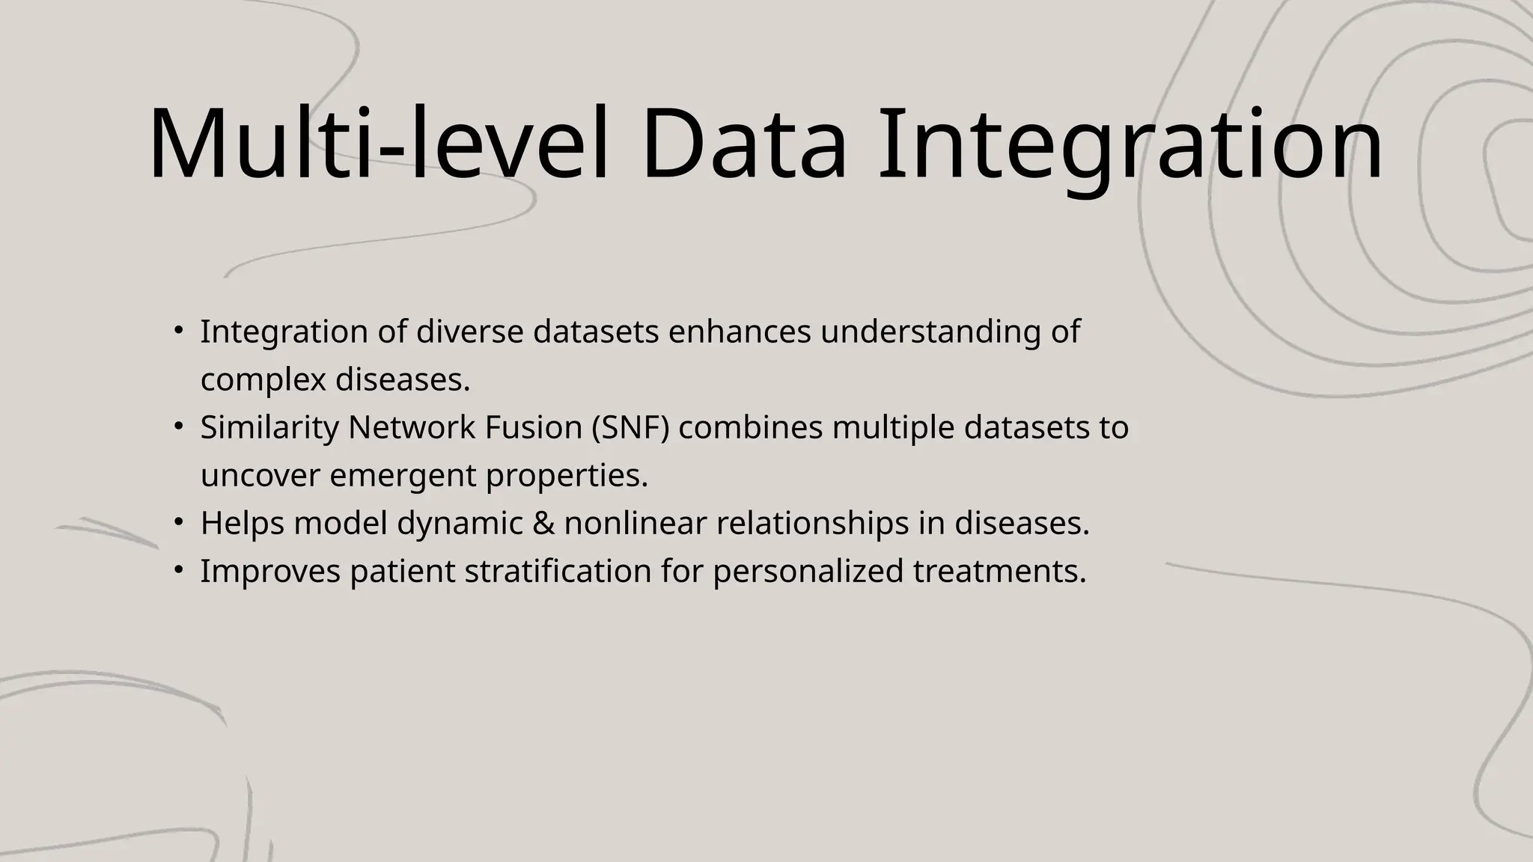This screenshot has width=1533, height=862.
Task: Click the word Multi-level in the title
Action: click(378, 144)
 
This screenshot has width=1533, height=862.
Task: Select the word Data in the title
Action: click(743, 144)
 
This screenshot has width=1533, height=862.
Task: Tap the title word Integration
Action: click(1130, 144)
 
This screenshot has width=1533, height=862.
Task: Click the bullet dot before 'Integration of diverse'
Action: click(178, 330)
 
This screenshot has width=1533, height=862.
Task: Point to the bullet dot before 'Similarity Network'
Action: click(178, 426)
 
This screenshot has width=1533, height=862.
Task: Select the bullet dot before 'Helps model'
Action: click(178, 522)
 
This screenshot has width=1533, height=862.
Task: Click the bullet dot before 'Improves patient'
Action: click(178, 569)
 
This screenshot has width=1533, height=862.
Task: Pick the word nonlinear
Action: click(635, 523)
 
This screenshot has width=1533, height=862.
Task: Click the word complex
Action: click(263, 380)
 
